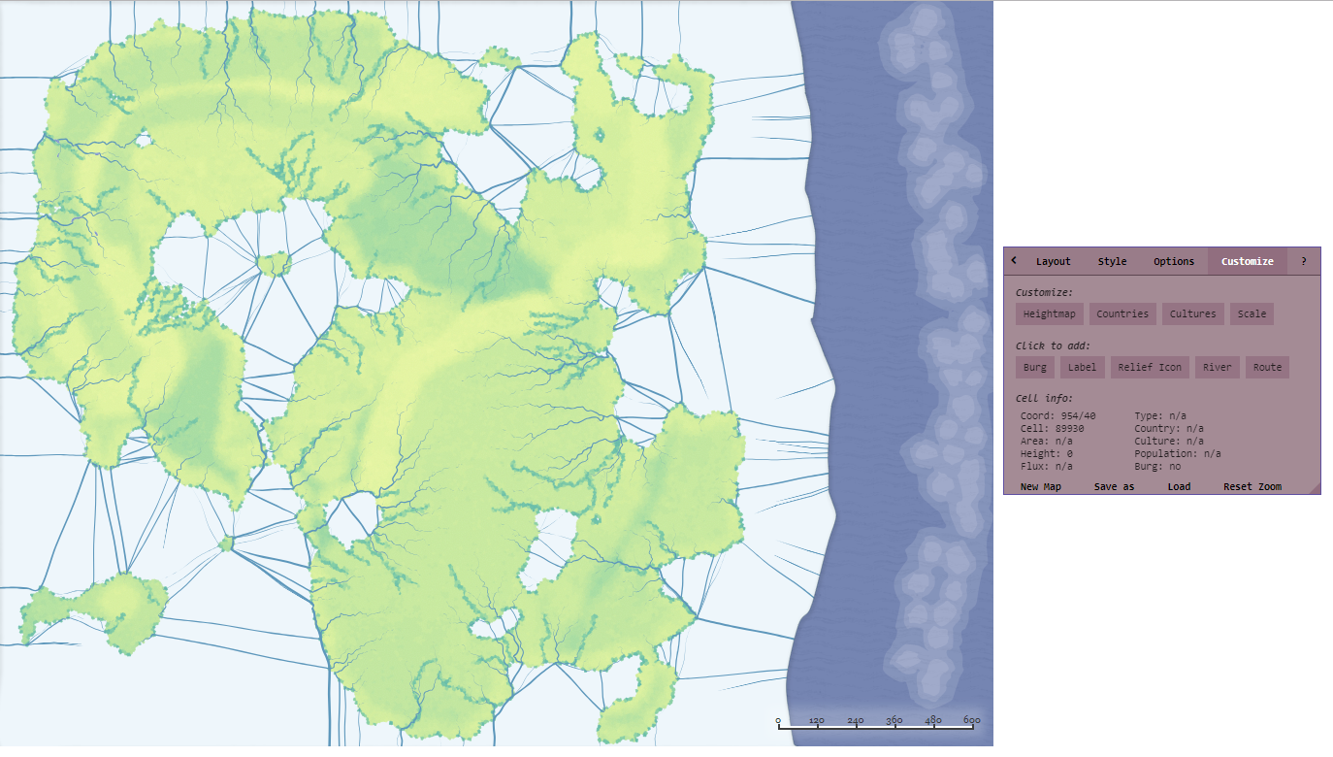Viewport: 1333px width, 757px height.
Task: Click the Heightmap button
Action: click(1050, 313)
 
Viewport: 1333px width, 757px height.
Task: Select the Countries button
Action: click(1122, 313)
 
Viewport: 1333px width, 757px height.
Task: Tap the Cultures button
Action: click(1192, 313)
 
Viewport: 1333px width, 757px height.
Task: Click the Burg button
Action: click(1034, 367)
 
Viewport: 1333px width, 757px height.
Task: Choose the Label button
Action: click(1082, 367)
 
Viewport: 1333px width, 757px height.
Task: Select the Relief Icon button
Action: click(1150, 367)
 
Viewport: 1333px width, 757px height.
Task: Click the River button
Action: click(1217, 367)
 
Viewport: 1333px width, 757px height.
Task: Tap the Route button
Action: click(1267, 367)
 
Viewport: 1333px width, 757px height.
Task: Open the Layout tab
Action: click(1053, 261)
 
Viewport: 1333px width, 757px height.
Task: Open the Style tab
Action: click(1112, 261)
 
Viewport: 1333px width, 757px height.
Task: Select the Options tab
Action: click(1174, 261)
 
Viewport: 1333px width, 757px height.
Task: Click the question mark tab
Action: click(1303, 261)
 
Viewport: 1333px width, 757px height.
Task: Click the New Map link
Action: click(1040, 486)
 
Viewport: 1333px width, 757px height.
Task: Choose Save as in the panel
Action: click(1114, 486)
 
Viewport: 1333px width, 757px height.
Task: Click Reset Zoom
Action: click(1252, 486)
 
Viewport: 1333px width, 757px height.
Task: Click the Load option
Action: click(1179, 486)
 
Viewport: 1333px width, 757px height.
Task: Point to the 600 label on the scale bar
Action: click(971, 720)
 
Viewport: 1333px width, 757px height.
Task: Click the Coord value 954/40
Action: click(1077, 415)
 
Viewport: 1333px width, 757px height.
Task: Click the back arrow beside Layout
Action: click(1014, 260)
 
